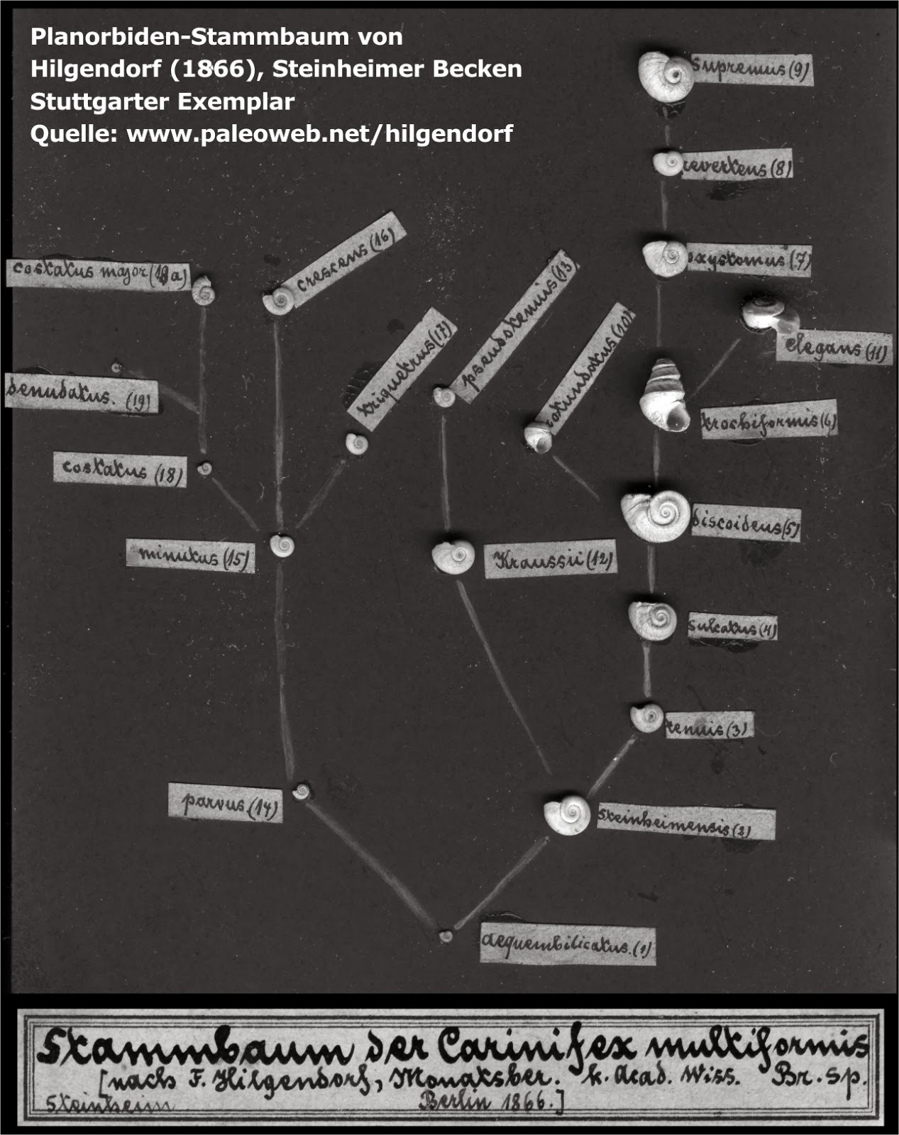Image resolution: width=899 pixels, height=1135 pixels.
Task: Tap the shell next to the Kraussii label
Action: [453, 557]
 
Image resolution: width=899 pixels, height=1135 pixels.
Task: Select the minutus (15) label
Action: [190, 555]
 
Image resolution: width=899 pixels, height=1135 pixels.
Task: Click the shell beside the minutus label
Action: [282, 546]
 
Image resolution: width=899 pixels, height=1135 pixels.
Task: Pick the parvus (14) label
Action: [225, 803]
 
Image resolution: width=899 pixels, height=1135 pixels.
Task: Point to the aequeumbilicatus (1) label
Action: [567, 945]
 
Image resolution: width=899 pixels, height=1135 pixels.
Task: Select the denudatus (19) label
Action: [81, 396]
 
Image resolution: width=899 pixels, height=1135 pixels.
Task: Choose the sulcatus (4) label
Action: [732, 627]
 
